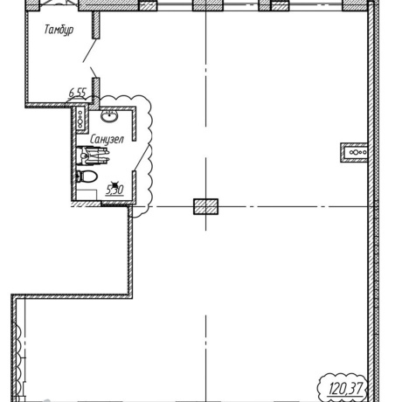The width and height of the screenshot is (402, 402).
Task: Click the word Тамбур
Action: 59,30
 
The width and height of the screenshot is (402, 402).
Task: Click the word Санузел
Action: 107,140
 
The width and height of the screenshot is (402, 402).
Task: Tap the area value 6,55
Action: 78,93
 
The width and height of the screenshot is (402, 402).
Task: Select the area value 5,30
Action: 114,190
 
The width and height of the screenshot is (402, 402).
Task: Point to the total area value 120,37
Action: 347,389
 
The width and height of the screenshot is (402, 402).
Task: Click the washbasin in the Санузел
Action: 109,116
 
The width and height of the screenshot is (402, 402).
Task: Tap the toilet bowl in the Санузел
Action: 87,177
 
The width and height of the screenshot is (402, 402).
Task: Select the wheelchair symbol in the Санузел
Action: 93,156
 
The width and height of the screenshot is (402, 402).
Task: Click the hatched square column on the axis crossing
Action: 205,206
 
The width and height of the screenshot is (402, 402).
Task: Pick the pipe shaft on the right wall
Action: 354,152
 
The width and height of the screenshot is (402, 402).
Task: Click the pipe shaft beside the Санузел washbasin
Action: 80,118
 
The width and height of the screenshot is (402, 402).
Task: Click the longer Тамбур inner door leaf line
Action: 90,50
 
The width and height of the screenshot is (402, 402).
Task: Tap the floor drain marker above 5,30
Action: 115,184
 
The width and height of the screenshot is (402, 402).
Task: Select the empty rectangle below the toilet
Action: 87,195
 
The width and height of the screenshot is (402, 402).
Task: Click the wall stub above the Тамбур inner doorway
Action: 96,24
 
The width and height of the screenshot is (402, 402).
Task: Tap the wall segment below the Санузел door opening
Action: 135,186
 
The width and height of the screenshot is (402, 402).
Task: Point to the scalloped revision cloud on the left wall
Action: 19,361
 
